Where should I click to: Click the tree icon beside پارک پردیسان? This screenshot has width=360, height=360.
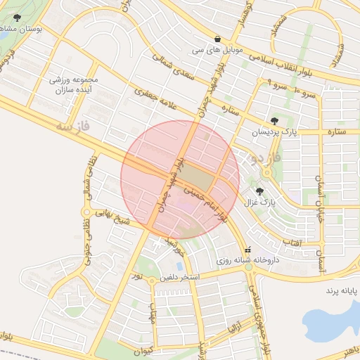[x=274, y=121]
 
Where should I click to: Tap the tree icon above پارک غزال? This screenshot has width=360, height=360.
[x=260, y=191]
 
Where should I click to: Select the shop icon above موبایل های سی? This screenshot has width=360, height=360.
[x=217, y=39]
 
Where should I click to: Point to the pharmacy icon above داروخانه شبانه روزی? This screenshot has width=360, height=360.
[x=247, y=250]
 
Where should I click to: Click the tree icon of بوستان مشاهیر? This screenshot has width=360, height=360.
[x=17, y=18]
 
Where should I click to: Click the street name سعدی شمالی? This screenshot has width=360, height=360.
[x=172, y=78]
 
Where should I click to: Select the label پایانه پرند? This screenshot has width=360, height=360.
[x=341, y=289]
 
